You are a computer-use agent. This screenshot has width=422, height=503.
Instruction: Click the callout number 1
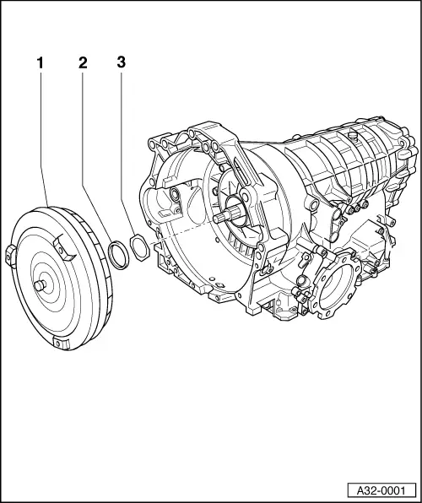[x=39, y=62]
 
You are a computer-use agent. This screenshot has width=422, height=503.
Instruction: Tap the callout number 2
[x=82, y=62]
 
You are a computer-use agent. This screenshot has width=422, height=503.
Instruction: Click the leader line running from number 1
[x=39, y=135]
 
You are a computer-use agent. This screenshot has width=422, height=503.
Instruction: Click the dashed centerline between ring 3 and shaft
[x=181, y=234]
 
